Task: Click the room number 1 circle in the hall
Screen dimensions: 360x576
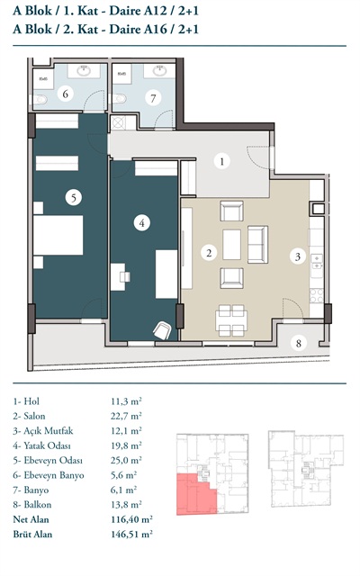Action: tap(222, 161)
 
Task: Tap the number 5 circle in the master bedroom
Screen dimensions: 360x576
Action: tap(74, 198)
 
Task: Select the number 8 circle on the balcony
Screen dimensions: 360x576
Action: tap(298, 343)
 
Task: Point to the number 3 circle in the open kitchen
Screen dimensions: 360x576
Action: tap(298, 256)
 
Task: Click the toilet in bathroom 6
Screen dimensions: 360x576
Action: tap(39, 99)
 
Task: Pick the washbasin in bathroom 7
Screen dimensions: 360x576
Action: tap(159, 70)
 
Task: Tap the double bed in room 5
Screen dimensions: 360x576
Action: tap(58, 235)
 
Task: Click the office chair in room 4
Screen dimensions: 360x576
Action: tap(162, 330)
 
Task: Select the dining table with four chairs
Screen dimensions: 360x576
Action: tap(231, 320)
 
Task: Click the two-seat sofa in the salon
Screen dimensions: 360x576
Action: tap(257, 245)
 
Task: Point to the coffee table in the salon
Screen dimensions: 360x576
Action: tap(232, 245)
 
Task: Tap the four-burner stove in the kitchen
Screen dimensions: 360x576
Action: tap(317, 296)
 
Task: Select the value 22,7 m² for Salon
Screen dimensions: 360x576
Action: tap(126, 416)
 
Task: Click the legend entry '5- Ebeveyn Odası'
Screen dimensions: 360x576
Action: tap(48, 460)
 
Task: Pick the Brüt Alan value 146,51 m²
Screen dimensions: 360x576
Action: tap(132, 534)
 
